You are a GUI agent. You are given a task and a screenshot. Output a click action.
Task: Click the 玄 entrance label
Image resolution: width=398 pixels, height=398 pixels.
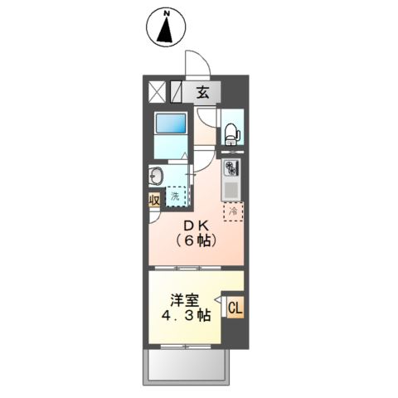(x=202, y=92)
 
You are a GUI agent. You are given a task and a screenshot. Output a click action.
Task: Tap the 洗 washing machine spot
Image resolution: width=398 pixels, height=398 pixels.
(x=176, y=197)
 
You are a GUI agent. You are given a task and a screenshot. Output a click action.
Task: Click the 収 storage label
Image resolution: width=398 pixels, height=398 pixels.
(x=155, y=201)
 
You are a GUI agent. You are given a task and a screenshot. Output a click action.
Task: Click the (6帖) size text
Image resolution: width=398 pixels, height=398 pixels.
(x=196, y=242)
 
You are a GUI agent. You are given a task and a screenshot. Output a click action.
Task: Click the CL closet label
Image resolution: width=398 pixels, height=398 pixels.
(x=235, y=308)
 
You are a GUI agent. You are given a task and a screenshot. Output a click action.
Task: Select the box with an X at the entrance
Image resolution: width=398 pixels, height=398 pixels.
(x=158, y=91)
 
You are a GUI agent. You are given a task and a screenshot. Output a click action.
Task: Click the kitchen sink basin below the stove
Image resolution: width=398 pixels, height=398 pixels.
(x=231, y=191)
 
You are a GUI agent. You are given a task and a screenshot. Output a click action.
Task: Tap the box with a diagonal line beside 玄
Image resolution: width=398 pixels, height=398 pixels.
(x=178, y=91)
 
